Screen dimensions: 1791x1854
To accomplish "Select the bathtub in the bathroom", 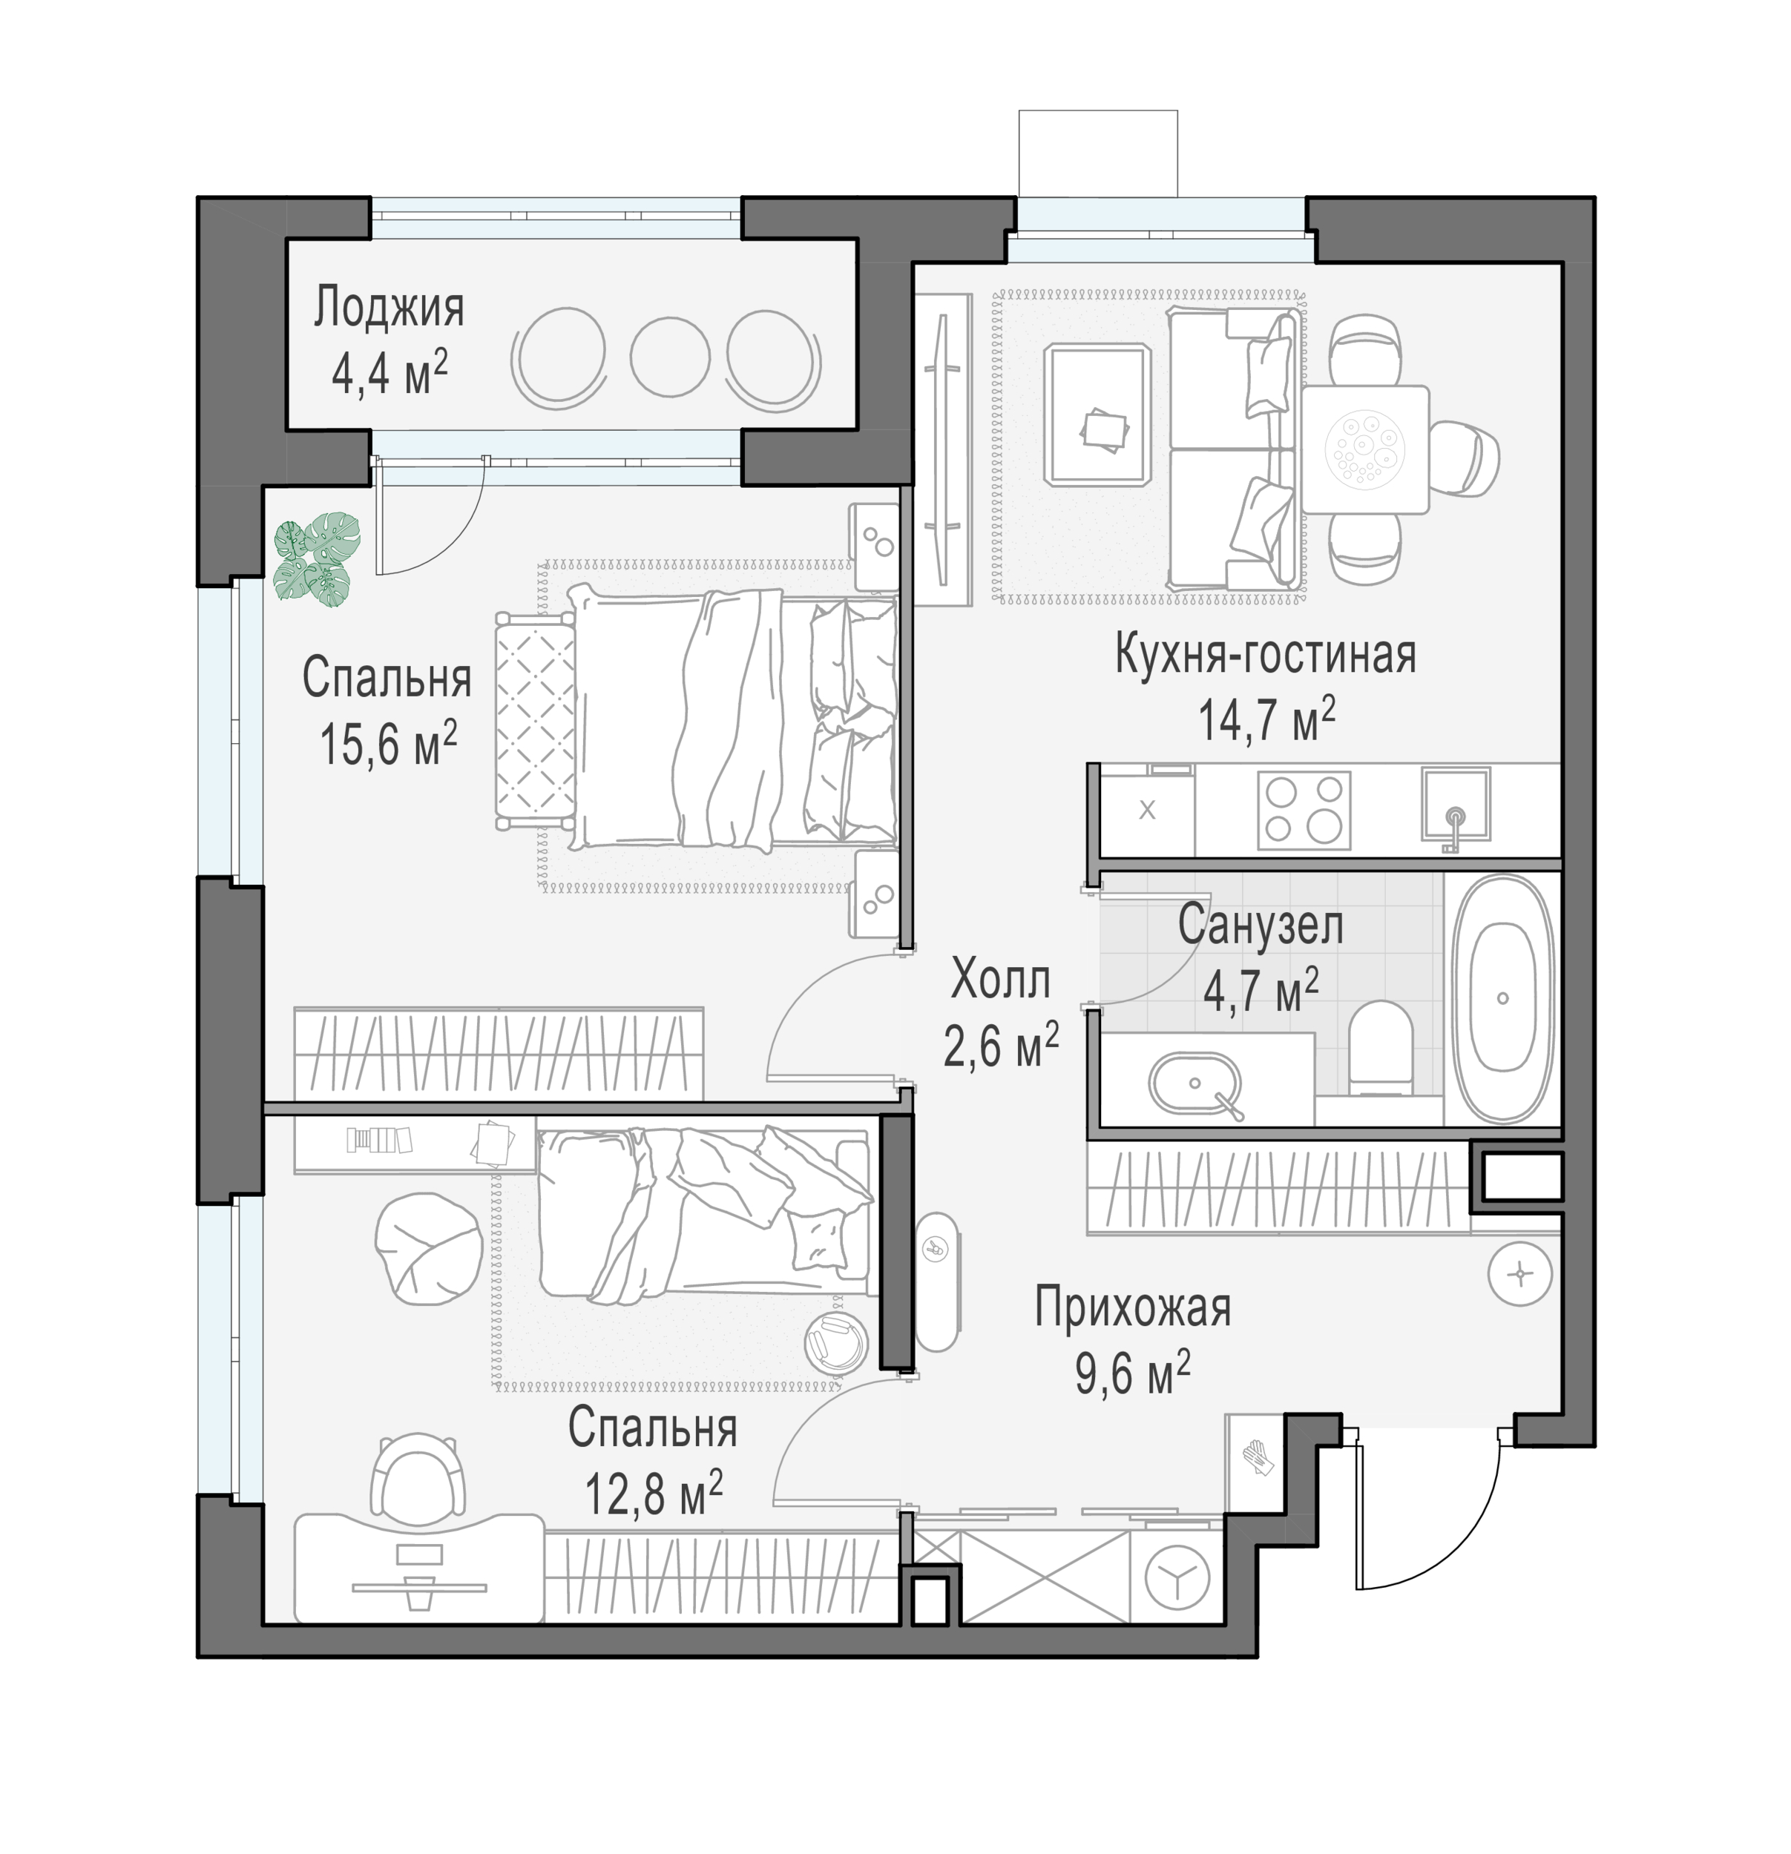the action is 1502,998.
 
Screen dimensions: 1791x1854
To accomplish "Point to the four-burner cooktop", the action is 1303,810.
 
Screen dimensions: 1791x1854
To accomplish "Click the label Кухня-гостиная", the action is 1265,655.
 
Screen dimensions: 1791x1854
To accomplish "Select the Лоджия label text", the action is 389,308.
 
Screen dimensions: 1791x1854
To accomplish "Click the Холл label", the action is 1000,979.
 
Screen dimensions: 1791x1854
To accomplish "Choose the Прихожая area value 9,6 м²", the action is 1131,1374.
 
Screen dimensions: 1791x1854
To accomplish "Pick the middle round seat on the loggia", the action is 669,357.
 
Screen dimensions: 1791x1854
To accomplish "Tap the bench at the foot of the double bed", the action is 535,721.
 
